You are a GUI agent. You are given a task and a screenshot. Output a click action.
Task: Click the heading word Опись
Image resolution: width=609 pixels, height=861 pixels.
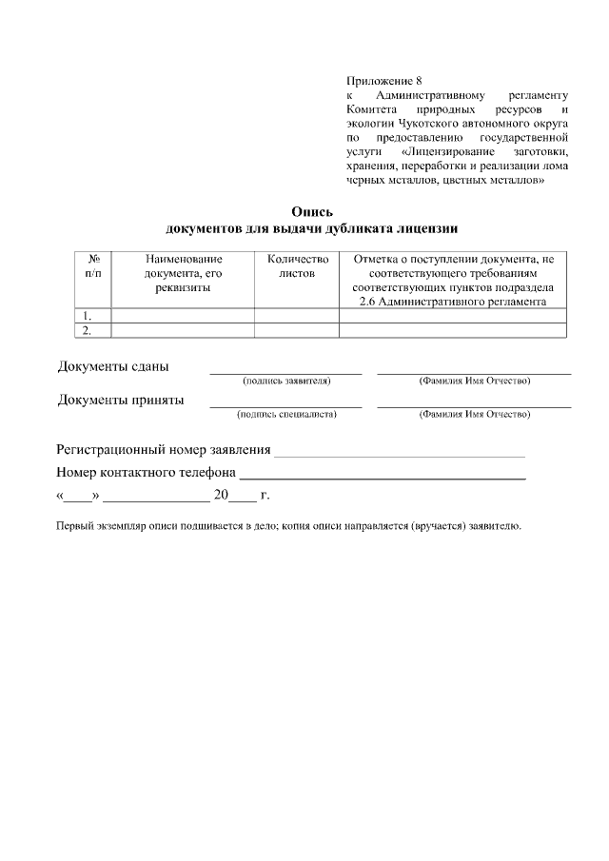tap(312, 212)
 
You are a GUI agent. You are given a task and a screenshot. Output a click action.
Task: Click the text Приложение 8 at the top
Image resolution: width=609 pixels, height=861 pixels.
tap(383, 81)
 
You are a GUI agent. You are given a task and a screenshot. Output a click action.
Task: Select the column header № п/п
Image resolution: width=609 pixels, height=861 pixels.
tap(93, 265)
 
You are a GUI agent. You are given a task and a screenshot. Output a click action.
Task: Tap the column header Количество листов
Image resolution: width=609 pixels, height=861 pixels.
tap(297, 265)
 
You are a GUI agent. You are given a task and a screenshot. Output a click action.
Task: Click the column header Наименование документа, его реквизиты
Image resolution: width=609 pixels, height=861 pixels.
tap(183, 273)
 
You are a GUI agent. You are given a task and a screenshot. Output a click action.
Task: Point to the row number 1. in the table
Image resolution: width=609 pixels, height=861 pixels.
tap(88, 316)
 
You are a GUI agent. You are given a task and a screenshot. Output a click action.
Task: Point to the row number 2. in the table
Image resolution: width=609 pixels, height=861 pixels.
tap(88, 330)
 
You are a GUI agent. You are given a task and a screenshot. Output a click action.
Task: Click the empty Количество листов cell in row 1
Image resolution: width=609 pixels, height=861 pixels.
tap(297, 316)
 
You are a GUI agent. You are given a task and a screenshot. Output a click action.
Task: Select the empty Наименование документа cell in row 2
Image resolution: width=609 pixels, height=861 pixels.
tap(183, 330)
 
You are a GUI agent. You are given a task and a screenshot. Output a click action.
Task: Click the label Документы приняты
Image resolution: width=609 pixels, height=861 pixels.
tap(121, 401)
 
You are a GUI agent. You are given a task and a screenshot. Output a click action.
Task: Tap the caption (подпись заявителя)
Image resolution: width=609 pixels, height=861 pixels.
tap(286, 382)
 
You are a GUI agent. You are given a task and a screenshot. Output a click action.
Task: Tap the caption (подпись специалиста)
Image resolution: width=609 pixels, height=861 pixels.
tap(286, 415)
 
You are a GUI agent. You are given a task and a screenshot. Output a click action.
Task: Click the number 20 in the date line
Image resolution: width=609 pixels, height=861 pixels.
tap(222, 496)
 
